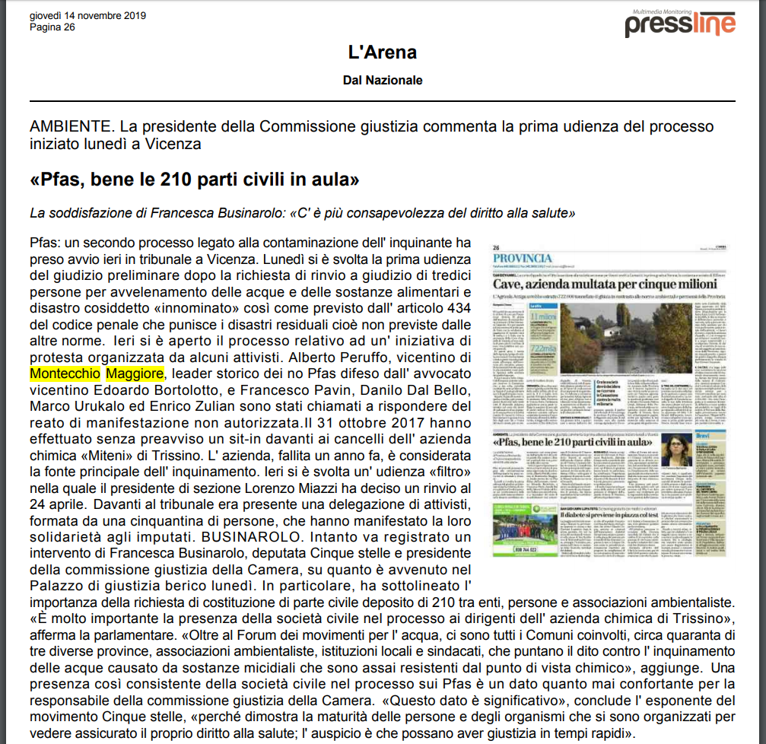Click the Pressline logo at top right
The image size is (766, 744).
[679, 24]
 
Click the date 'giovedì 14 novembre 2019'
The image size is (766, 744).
[87, 16]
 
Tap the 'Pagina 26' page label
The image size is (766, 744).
[52, 27]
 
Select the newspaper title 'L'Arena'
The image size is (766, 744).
[383, 52]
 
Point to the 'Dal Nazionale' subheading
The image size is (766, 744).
[383, 80]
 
